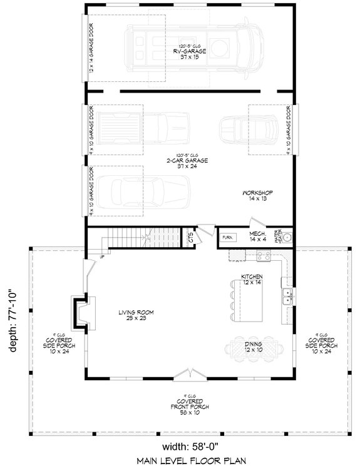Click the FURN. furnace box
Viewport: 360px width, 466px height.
point(227,238)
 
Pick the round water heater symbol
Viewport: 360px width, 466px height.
point(287,238)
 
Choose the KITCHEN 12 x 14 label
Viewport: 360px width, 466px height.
point(252,280)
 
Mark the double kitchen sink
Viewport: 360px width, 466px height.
point(287,296)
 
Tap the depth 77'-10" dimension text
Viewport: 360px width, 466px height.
point(12,320)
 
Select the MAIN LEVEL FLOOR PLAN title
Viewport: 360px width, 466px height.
point(188,460)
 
